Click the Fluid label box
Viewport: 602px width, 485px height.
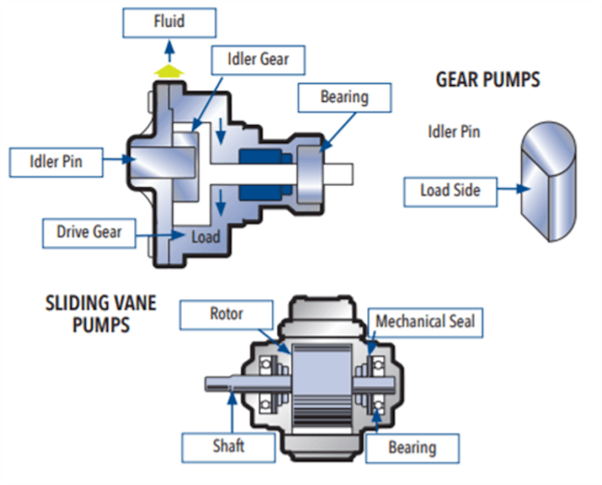[170, 23]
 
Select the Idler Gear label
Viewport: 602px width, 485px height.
[258, 59]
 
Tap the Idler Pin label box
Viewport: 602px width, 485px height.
[56, 162]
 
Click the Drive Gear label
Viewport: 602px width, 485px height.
[89, 232]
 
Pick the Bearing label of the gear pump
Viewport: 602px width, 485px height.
[344, 97]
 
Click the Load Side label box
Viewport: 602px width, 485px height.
[450, 191]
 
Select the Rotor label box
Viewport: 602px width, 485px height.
[226, 314]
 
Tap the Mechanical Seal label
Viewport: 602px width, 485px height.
[425, 322]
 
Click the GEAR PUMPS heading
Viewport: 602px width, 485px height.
[488, 80]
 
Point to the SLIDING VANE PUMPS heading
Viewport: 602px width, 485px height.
[101, 314]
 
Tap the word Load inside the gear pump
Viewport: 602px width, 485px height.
[205, 236]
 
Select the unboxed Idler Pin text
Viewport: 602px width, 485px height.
[454, 132]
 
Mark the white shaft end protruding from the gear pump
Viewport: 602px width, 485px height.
[341, 173]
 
